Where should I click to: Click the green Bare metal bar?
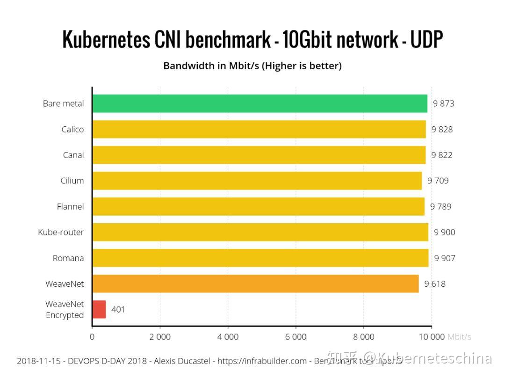tap(260, 103)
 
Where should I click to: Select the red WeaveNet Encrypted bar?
tap(99, 309)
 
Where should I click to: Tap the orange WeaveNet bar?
tap(255, 284)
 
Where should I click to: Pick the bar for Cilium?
tap(257, 181)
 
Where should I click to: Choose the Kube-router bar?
tap(260, 232)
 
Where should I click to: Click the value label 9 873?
tap(443, 103)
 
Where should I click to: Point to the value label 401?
tap(118, 309)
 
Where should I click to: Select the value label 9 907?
tap(445, 258)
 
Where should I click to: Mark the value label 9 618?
tap(435, 284)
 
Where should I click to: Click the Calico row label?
tap(72, 129)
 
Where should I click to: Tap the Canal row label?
tap(73, 155)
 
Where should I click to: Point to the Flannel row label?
tap(70, 206)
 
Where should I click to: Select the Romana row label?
tap(68, 258)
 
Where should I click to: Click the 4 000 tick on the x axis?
tap(228, 336)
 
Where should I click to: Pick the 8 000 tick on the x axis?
tap(364, 336)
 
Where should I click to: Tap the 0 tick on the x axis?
tap(92, 336)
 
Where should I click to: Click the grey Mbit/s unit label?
tap(459, 336)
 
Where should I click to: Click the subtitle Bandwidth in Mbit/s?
tap(210, 66)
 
